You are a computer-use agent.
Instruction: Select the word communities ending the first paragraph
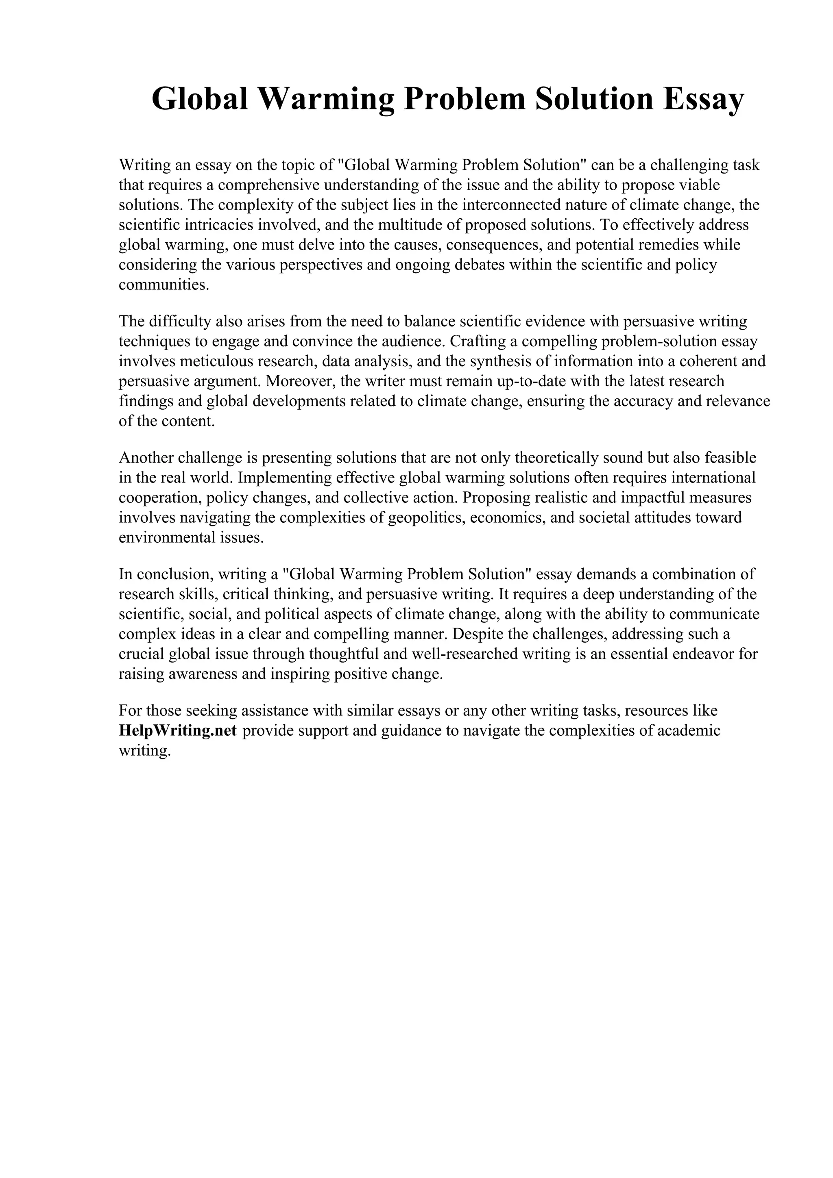click(x=164, y=285)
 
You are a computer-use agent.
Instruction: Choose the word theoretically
click(x=556, y=457)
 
